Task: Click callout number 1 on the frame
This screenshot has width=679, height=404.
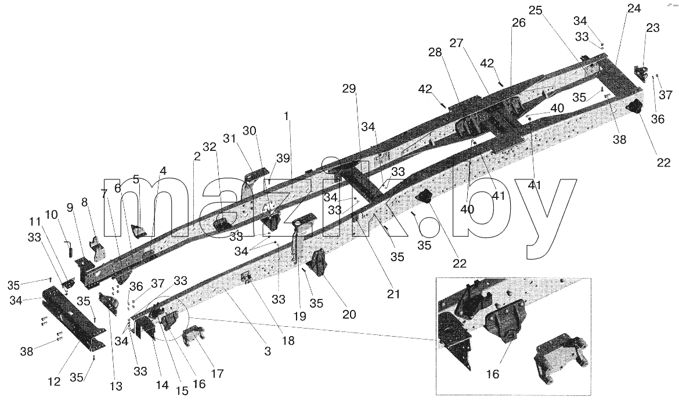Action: tap(286, 116)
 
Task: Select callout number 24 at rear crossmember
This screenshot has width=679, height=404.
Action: tap(634, 8)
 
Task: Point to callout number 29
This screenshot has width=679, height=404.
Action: tap(349, 89)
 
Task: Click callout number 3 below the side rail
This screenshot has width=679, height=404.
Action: tap(268, 351)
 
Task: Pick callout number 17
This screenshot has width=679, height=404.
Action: tap(217, 373)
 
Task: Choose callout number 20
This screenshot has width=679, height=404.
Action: tap(349, 314)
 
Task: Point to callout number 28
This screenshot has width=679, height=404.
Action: tap(435, 52)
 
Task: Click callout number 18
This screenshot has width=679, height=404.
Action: tap(288, 341)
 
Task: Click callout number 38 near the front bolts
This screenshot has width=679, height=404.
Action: tap(27, 351)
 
